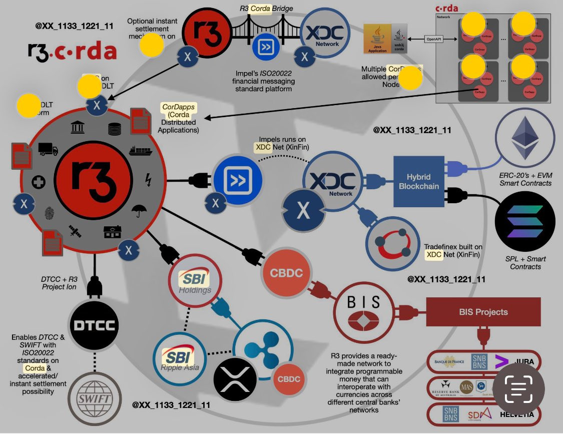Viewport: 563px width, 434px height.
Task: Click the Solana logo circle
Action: point(525,221)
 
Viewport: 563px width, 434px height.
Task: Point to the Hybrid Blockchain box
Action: point(418,181)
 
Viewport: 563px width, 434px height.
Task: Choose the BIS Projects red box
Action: point(483,312)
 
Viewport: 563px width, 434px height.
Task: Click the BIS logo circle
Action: point(364,310)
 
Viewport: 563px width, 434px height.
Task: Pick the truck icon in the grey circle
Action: point(48,149)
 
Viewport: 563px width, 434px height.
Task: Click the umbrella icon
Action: point(138,211)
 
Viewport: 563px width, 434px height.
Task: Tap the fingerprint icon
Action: point(49,214)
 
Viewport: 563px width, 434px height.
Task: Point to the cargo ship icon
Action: point(140,151)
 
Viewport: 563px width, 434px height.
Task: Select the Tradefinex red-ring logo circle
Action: point(392,244)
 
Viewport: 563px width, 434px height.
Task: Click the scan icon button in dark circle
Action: point(518,388)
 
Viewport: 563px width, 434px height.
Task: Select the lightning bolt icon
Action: point(148,179)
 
